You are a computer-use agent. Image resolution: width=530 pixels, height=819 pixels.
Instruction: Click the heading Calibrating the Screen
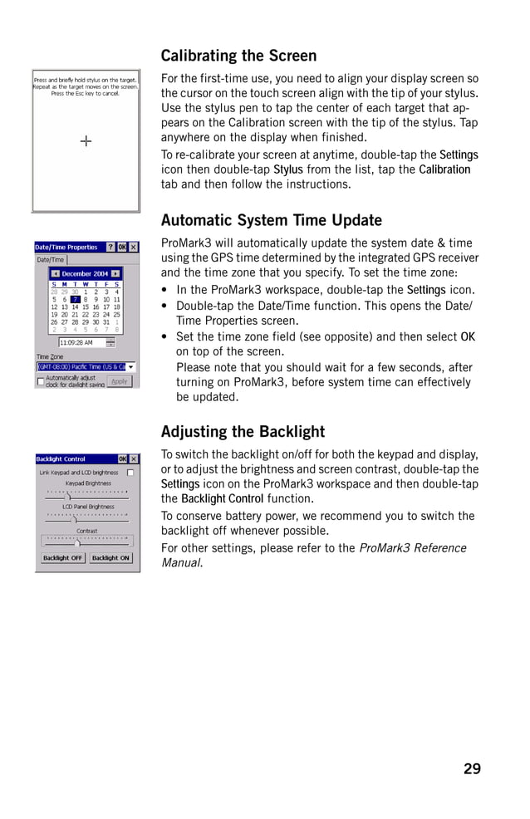pos(238,56)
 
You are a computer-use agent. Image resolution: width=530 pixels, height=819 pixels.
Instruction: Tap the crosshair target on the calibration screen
pos(86,141)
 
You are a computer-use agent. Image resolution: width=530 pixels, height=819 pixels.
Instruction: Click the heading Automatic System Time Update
pos(271,221)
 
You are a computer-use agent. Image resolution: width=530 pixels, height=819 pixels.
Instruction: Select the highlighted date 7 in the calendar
pos(75,300)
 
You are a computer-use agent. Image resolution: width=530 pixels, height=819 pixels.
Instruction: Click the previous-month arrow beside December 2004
pos(55,273)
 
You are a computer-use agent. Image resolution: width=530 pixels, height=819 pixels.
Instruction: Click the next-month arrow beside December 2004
pos(115,273)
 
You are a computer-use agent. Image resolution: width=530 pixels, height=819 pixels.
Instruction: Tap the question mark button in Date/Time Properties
pos(110,248)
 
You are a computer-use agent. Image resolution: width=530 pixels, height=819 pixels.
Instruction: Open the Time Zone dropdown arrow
pos(130,366)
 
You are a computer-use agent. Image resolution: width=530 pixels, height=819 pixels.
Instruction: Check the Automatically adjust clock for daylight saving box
pos(40,380)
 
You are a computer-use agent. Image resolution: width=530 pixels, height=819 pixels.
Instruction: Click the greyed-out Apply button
pos(120,381)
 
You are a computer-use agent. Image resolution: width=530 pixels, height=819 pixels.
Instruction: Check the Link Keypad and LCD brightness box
pos(130,473)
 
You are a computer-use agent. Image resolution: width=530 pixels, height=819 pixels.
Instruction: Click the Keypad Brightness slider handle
pos(68,497)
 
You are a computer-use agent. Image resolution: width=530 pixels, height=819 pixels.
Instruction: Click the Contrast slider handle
pos(77,544)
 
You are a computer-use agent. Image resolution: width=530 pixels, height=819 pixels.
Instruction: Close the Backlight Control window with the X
pos(134,459)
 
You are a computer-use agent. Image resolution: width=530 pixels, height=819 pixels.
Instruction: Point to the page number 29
pos(472,769)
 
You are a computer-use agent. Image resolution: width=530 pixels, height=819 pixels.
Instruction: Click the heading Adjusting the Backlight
pos(243,432)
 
